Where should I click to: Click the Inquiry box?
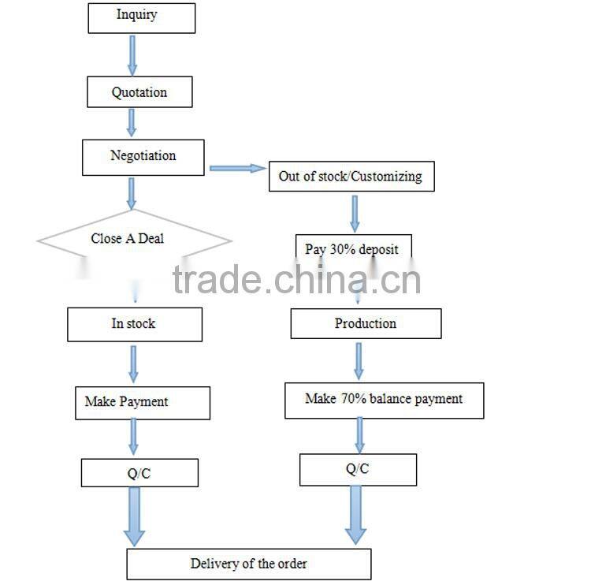pyautogui.click(x=142, y=18)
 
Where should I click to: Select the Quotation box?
pyautogui.click(x=139, y=92)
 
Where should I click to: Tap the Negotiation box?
pyautogui.click(x=143, y=158)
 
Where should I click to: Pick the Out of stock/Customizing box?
pyautogui.click(x=351, y=177)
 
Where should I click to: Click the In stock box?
pyautogui.click(x=135, y=325)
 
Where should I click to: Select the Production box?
pyautogui.click(x=366, y=323)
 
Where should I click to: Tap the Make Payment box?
pyautogui.click(x=143, y=403)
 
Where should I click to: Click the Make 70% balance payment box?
pyautogui.click(x=385, y=401)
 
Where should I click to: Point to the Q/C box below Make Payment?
pyautogui.click(x=139, y=473)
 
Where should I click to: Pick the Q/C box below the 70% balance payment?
pyautogui.click(x=358, y=470)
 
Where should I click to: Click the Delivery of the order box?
pyautogui.click(x=249, y=565)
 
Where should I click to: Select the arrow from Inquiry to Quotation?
pyautogui.click(x=132, y=56)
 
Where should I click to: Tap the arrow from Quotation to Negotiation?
pyautogui.click(x=132, y=123)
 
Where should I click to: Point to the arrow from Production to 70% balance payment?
pyautogui.click(x=359, y=361)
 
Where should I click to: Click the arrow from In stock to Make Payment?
pyautogui.click(x=133, y=364)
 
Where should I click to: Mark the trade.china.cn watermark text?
pyautogui.click(x=296, y=279)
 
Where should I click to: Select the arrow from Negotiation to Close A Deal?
pyautogui.click(x=131, y=194)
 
